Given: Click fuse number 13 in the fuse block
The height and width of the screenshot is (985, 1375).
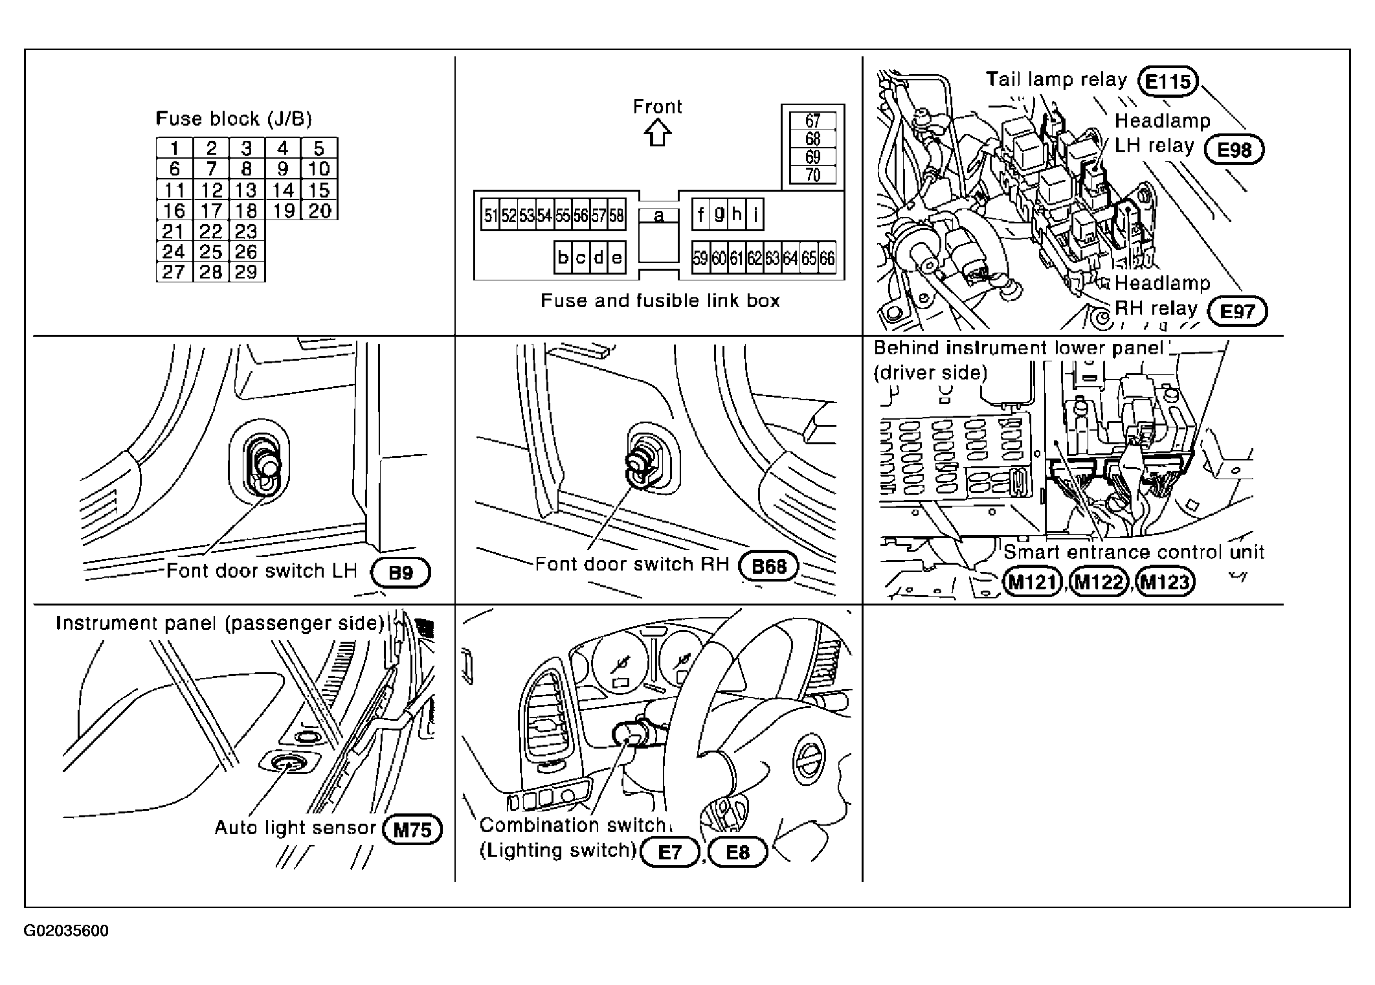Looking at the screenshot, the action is click(247, 190).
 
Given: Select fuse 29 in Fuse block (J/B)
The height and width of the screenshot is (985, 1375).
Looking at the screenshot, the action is click(247, 272).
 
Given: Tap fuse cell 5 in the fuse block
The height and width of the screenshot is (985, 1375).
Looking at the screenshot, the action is click(319, 148).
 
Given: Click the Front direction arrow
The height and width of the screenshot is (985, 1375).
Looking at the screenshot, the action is click(658, 134).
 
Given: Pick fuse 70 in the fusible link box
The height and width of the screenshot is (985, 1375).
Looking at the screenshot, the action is click(813, 175).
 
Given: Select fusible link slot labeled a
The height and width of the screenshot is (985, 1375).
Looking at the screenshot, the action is click(658, 216).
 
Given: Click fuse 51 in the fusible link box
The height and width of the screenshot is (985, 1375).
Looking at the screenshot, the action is click(491, 216).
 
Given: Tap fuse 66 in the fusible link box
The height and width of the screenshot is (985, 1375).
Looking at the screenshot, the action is click(827, 258).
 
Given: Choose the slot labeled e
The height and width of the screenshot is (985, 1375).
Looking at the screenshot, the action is click(617, 258).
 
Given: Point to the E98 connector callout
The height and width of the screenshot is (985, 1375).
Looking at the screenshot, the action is click(1235, 150).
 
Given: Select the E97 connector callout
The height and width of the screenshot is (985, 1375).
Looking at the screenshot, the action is click(1237, 311).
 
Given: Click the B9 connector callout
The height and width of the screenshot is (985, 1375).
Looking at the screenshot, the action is click(401, 573).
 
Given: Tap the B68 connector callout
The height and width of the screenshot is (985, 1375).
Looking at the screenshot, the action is click(769, 567).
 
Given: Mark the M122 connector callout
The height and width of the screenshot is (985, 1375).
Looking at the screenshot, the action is click(1099, 582).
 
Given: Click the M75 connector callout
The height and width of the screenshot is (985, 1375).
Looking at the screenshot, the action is click(412, 830).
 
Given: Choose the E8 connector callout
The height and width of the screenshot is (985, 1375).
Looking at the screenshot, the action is click(738, 852).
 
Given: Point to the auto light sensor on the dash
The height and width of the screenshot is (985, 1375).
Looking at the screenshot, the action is click(289, 765).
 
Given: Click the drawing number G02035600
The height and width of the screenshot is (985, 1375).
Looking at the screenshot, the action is click(67, 931).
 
